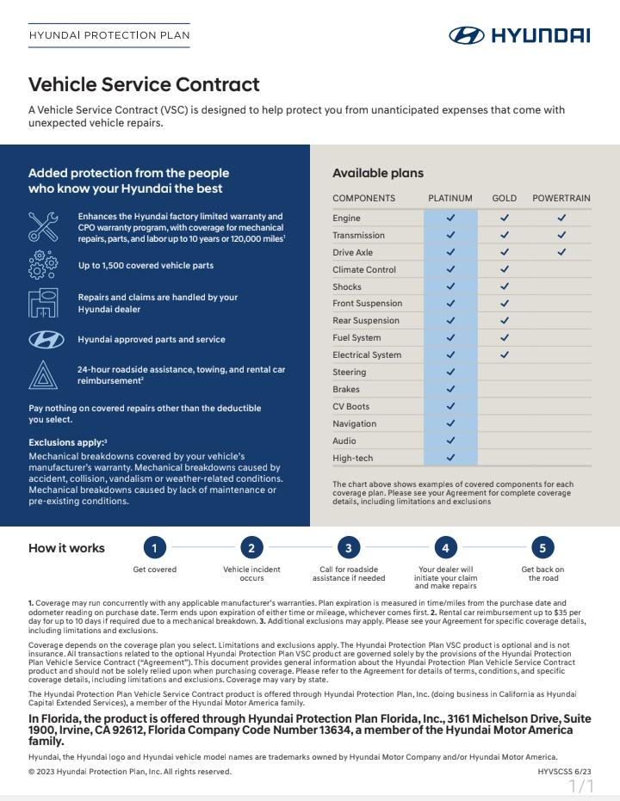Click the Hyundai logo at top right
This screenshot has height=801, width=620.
click(519, 35)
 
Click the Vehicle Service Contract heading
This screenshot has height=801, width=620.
click(144, 84)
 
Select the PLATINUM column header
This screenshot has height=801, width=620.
click(449, 198)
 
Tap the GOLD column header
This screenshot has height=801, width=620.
click(504, 198)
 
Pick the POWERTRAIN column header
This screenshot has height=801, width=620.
click(561, 198)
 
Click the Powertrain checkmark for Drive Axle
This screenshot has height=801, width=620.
click(561, 252)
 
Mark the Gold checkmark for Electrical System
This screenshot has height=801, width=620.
click(505, 354)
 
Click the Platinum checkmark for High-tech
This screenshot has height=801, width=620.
click(450, 458)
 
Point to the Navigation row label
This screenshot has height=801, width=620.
click(354, 423)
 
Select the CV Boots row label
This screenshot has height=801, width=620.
click(350, 406)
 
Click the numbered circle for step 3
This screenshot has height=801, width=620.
click(348, 547)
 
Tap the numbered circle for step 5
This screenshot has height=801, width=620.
click(542, 547)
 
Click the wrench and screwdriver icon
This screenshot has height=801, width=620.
click(43, 226)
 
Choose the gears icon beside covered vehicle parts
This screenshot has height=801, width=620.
click(43, 265)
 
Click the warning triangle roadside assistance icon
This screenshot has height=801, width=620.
click(43, 375)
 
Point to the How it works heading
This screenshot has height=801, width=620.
click(66, 548)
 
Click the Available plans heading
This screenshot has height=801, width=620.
click(378, 173)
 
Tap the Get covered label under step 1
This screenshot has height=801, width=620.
click(154, 570)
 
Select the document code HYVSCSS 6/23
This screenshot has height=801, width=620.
click(564, 772)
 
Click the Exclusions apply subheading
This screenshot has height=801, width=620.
click(67, 442)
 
